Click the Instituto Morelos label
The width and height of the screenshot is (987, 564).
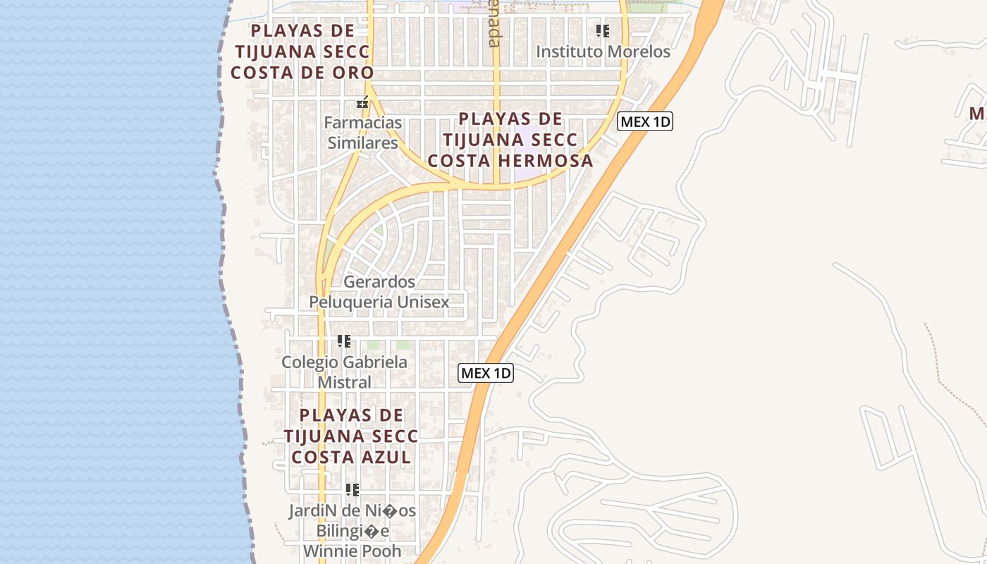(603, 51)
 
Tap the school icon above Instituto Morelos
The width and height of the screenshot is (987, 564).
(602, 30)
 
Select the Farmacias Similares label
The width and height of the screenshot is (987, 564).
(362, 133)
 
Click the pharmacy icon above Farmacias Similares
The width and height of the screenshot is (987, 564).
(362, 103)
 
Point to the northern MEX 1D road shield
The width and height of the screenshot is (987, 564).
(644, 122)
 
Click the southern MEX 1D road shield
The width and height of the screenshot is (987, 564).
(486, 373)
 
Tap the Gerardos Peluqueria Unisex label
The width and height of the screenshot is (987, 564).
(379, 292)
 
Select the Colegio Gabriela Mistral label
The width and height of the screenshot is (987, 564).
(344, 372)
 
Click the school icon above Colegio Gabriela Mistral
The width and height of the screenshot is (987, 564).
(344, 341)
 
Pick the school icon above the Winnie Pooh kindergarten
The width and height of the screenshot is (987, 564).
(352, 489)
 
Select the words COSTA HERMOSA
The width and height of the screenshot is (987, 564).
(510, 161)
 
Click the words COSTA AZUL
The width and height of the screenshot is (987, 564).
(351, 457)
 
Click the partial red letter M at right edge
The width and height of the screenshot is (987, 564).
(977, 114)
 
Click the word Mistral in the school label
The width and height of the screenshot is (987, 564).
(344, 382)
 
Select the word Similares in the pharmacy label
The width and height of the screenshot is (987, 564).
(362, 143)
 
